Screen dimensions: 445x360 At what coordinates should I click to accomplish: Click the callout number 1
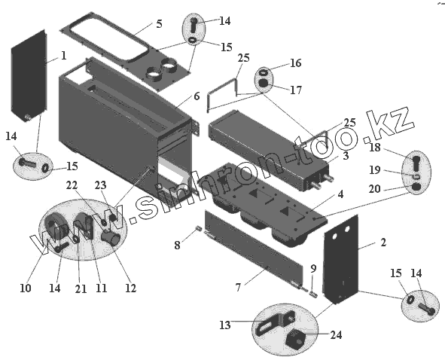[64, 56]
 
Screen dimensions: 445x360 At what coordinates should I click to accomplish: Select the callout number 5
[159, 24]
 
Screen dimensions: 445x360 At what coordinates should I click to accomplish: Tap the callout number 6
[197, 96]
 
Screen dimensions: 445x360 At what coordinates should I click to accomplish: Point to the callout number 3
[346, 155]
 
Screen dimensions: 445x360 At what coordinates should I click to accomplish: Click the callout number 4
[340, 194]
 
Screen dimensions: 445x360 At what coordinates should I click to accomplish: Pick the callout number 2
[383, 243]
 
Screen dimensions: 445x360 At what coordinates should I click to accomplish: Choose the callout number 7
[238, 287]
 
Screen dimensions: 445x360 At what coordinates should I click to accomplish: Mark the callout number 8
[177, 245]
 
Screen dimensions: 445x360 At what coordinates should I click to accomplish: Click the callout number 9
[313, 268]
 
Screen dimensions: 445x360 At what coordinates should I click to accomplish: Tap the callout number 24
[337, 335]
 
